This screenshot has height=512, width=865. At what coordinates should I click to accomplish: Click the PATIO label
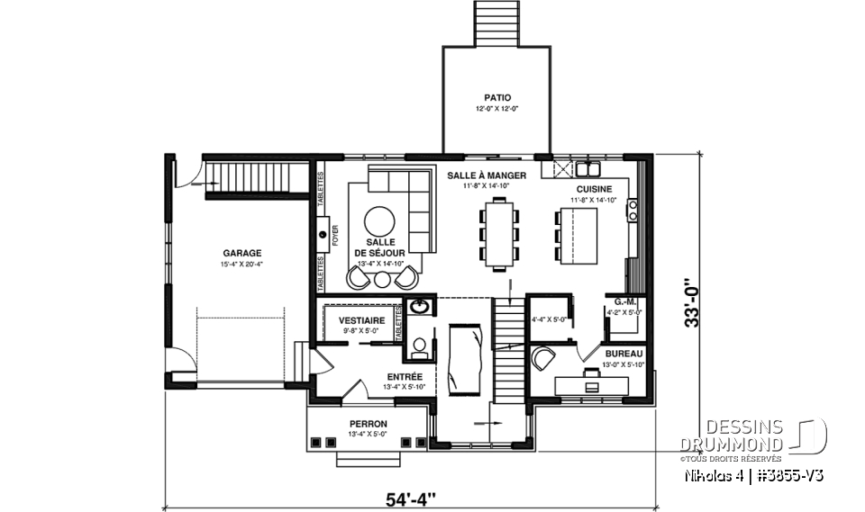click(x=496, y=97)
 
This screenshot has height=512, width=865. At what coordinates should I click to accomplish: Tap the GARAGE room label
click(x=242, y=253)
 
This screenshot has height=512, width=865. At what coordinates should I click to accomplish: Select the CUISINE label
click(x=595, y=189)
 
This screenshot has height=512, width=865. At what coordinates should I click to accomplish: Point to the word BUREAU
click(x=624, y=354)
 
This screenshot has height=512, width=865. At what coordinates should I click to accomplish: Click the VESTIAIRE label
click(x=362, y=320)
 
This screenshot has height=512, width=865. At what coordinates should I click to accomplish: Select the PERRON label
click(x=369, y=424)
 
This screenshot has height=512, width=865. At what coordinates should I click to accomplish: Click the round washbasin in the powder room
click(x=419, y=307)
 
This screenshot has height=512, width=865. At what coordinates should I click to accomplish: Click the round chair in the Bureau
click(x=543, y=358)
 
